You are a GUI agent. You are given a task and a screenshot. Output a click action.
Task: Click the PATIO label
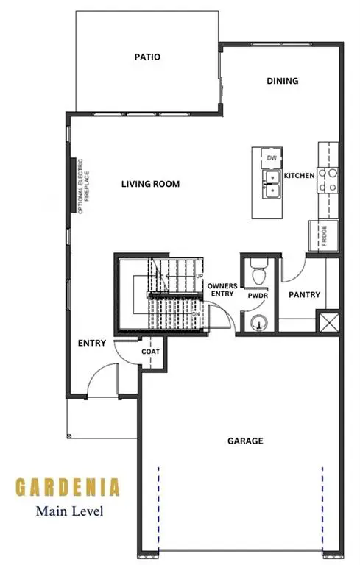(147, 57)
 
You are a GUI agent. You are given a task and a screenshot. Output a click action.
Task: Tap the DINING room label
(283, 81)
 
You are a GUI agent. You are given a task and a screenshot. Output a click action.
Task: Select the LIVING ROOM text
(150, 184)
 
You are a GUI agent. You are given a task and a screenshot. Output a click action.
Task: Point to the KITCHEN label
(300, 176)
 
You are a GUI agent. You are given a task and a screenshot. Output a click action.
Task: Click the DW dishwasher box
(272, 158)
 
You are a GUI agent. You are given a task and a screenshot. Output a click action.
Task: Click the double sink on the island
(272, 184)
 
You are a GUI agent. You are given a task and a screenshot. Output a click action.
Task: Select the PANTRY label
(304, 295)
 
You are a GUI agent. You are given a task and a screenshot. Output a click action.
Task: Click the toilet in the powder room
(258, 274)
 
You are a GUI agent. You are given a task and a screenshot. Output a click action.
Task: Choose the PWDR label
(257, 296)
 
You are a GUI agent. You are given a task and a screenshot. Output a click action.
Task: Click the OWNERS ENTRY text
(221, 289)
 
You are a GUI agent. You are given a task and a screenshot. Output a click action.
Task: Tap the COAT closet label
(150, 352)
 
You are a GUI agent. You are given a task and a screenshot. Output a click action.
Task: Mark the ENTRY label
(92, 344)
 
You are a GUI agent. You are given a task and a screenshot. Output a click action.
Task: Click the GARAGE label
(245, 441)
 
